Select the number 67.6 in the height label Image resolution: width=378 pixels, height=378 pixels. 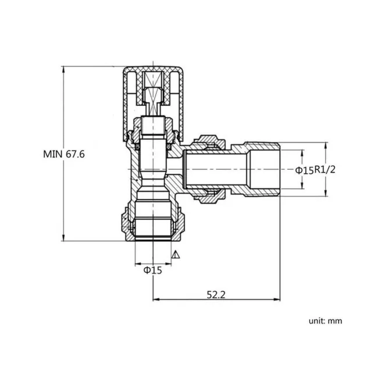pyautogui.click(x=81, y=155)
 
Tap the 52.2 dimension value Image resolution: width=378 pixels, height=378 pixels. pyautogui.click(x=215, y=295)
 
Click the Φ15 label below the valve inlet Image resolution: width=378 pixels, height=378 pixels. pyautogui.click(x=153, y=270)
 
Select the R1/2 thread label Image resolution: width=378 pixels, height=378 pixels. pyautogui.click(x=325, y=170)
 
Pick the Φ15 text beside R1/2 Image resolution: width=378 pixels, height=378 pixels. pyautogui.click(x=304, y=170)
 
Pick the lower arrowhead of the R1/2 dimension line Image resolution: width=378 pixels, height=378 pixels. pyautogui.click(x=325, y=195)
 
